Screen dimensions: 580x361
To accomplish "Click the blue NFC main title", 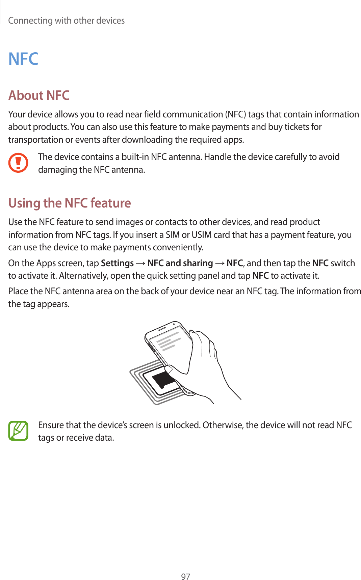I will (23, 59).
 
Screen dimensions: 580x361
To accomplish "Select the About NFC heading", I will (39, 95).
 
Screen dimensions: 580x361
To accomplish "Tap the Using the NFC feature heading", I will (70, 203).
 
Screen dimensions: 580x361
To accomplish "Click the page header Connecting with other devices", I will (67, 21).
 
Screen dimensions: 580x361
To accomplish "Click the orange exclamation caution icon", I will (18, 163).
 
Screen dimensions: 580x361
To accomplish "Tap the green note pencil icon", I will (18, 431).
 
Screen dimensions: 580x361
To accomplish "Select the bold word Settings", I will (117, 263).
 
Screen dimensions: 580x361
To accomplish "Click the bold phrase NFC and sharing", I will (180, 263).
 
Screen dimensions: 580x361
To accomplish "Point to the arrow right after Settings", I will (140, 263).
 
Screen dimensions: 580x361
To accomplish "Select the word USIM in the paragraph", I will (201, 235).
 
